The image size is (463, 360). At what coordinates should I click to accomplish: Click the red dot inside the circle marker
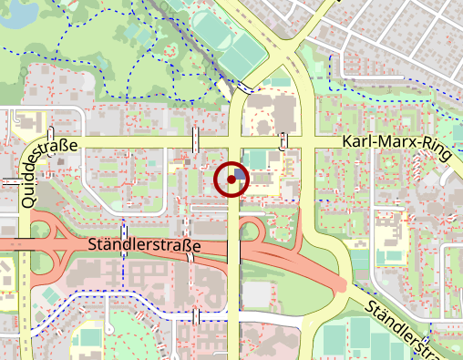231,180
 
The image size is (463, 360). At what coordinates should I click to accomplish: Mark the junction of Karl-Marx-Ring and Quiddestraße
27,145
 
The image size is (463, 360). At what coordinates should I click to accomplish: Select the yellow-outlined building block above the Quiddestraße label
27,120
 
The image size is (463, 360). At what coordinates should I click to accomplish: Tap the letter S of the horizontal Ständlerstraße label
94,245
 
